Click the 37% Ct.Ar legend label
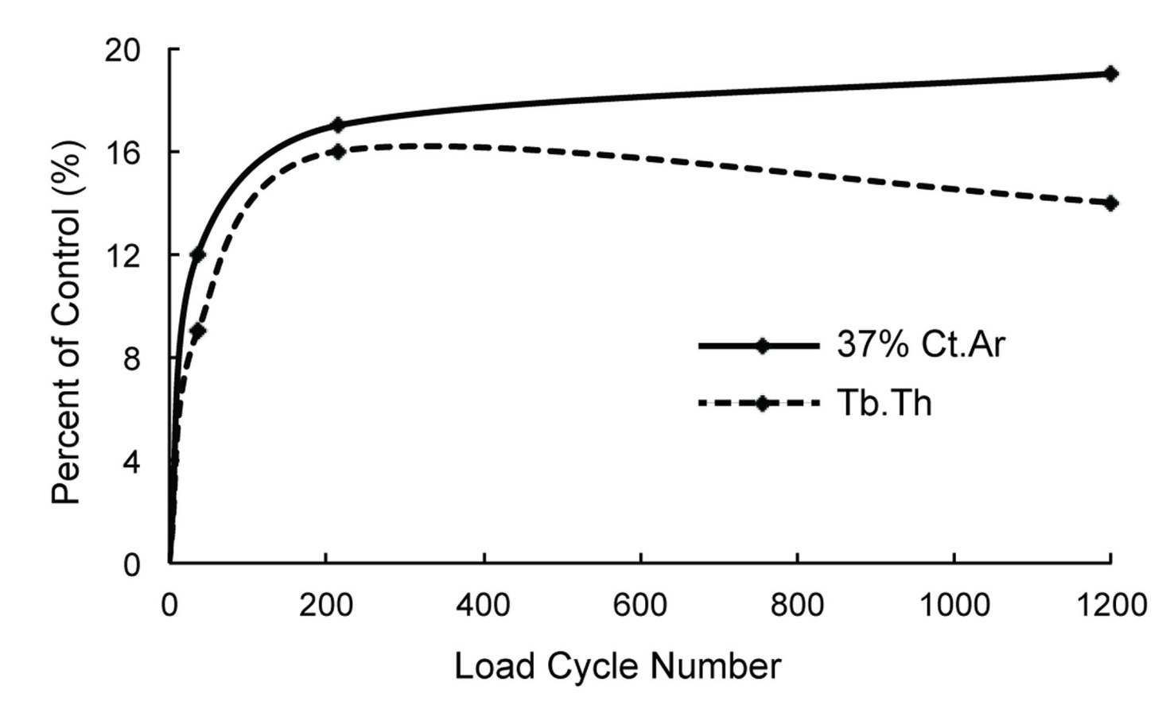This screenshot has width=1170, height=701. pyautogui.click(x=921, y=345)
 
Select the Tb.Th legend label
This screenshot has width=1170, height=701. pyautogui.click(x=884, y=403)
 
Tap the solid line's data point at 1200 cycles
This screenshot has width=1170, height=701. pyautogui.click(x=1110, y=74)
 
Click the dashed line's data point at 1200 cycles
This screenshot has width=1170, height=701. pyautogui.click(x=1110, y=203)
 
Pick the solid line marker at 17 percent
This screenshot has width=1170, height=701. pyautogui.click(x=337, y=125)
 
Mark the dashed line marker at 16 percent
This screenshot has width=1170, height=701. pyautogui.click(x=337, y=151)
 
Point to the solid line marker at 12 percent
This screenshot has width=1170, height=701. pyautogui.click(x=198, y=254)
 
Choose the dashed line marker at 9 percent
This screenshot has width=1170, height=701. pyautogui.click(x=198, y=331)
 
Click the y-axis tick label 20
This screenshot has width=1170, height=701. pyautogui.click(x=122, y=50)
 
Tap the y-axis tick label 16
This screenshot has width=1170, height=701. pyautogui.click(x=122, y=152)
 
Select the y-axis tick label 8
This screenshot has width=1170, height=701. pyautogui.click(x=130, y=358)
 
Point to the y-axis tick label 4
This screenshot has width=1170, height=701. pyautogui.click(x=130, y=462)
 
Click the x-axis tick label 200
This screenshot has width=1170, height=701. pyautogui.click(x=325, y=606)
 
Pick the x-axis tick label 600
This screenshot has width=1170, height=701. pyautogui.click(x=639, y=606)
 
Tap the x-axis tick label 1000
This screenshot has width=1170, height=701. pyautogui.click(x=954, y=606)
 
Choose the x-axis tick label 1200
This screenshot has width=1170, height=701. pyautogui.click(x=1110, y=606)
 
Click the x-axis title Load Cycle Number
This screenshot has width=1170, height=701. pyautogui.click(x=617, y=666)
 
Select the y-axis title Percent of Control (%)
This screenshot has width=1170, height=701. pyautogui.click(x=67, y=322)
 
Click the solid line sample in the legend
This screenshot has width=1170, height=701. pyautogui.click(x=760, y=346)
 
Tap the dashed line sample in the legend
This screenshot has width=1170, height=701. pyautogui.click(x=760, y=404)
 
